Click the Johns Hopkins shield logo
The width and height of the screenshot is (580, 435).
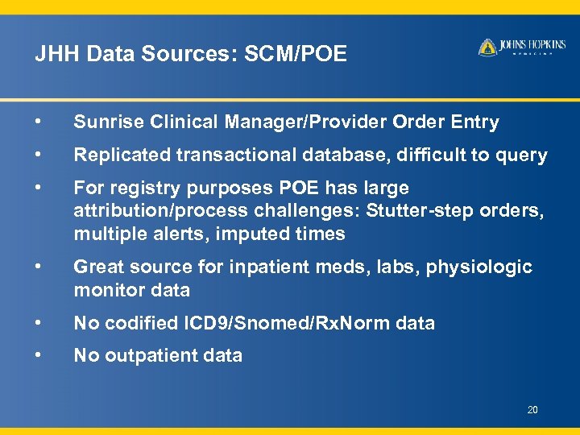[x=487, y=48]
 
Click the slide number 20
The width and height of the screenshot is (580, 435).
[x=532, y=411]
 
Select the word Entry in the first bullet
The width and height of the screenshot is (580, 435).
[x=474, y=122]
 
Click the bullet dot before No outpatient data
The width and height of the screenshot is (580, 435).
[x=38, y=355]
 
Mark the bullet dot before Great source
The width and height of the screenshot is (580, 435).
[x=38, y=267]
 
